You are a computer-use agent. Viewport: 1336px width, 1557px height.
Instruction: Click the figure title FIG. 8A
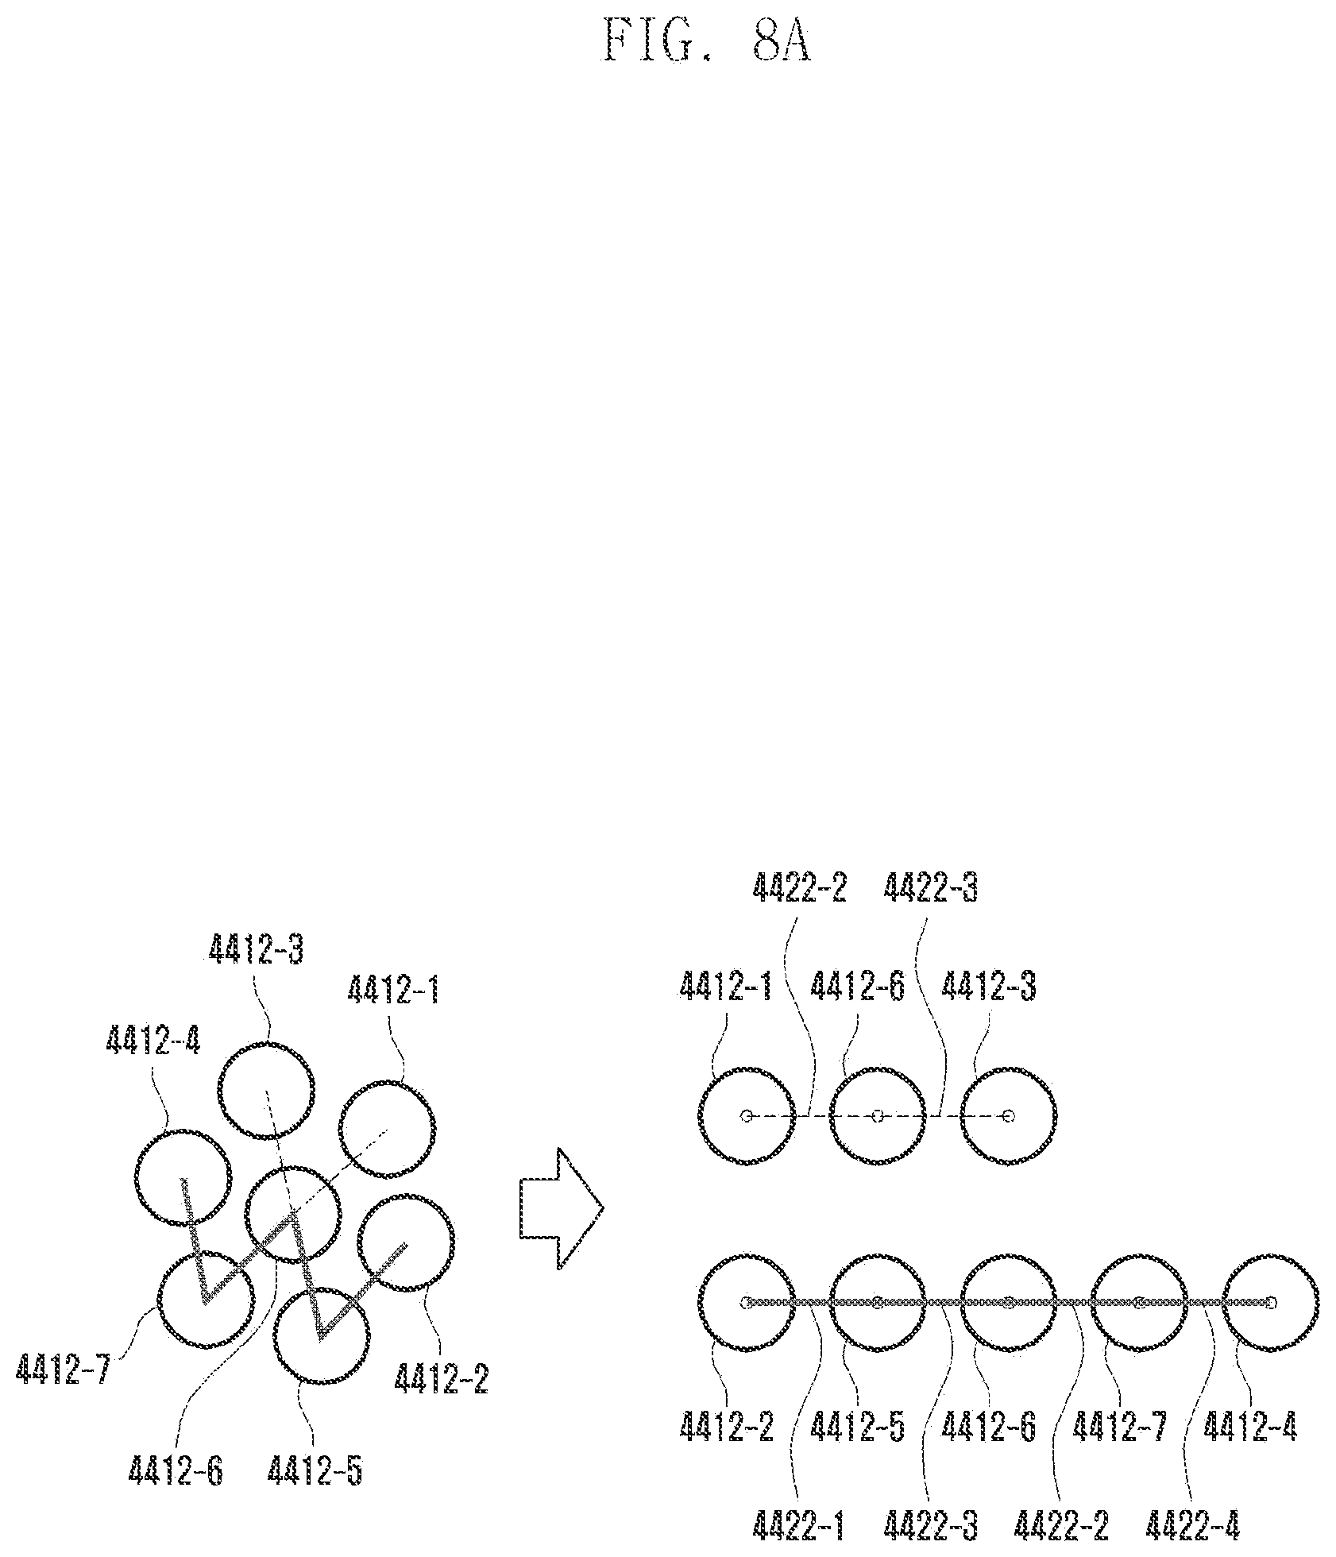706,42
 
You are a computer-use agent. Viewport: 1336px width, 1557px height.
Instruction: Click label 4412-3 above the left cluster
257,948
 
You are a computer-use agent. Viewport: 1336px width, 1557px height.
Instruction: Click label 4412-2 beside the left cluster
441,1377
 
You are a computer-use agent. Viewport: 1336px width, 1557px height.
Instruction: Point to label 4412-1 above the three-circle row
725,987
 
